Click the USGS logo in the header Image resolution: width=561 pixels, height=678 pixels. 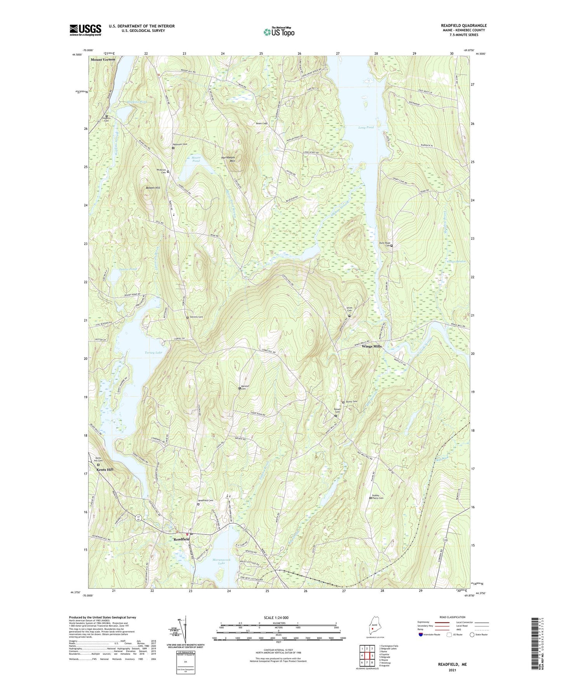(85, 30)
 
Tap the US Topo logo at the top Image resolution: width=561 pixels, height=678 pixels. (278, 32)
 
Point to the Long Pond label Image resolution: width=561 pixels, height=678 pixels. (366, 127)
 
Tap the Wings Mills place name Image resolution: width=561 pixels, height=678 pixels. (372, 346)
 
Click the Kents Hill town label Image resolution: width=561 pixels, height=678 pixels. (105, 469)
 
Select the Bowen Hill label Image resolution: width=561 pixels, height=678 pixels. (153, 188)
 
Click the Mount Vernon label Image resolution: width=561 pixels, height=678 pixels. (103, 59)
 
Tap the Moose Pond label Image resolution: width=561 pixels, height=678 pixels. (196, 159)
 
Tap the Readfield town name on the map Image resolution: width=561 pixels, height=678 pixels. (181, 539)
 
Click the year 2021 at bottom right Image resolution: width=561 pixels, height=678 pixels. (452, 670)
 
